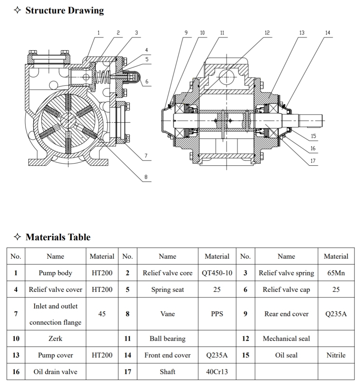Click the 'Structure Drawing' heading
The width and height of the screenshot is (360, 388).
(x=64, y=10)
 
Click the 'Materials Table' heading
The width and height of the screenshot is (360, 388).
(x=58, y=237)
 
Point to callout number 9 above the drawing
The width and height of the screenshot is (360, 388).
(x=186, y=33)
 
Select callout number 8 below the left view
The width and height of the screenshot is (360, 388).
(x=146, y=177)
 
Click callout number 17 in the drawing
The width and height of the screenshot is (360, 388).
(x=313, y=161)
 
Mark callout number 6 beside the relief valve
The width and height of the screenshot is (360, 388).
(x=146, y=81)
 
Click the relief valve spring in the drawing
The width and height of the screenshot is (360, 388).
(x=104, y=77)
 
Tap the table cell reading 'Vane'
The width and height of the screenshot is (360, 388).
(x=167, y=314)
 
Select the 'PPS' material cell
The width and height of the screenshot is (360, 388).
(x=217, y=314)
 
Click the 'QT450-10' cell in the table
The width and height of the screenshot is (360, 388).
(x=217, y=273)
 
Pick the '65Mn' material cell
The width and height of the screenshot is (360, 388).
(x=336, y=273)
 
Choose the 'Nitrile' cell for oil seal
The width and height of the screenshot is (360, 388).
(x=336, y=355)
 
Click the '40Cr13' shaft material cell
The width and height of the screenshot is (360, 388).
(x=217, y=372)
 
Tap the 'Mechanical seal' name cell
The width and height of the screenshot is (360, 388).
(x=286, y=339)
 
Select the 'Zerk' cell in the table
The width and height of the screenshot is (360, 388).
(x=55, y=339)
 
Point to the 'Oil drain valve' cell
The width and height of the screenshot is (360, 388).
(x=55, y=372)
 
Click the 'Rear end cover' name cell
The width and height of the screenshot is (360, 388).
(x=286, y=314)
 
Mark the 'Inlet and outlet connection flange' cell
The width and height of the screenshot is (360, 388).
(x=55, y=314)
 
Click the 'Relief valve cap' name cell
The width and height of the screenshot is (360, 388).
(x=286, y=290)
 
